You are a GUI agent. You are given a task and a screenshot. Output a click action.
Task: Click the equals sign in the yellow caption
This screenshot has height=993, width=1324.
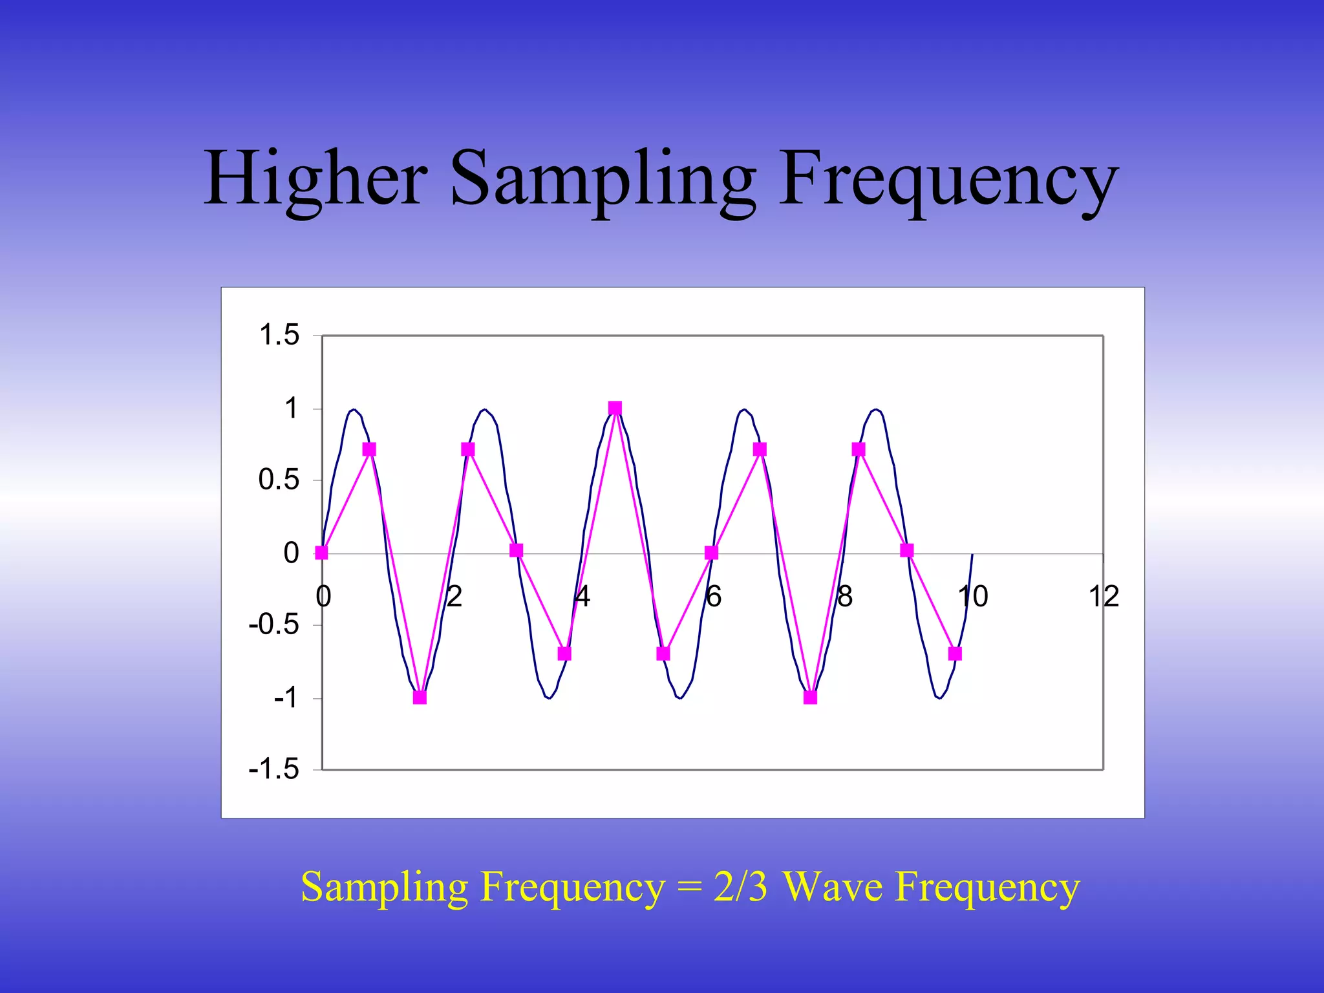coord(689,888)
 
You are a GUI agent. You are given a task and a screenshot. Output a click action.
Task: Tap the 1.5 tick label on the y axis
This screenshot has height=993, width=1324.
coord(279,335)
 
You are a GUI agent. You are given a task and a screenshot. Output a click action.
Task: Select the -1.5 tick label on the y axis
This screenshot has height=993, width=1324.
coord(274,769)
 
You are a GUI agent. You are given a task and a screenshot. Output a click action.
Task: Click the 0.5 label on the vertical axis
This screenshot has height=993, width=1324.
coord(279,480)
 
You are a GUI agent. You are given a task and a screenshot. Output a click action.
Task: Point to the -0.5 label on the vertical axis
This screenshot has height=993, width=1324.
coord(274,625)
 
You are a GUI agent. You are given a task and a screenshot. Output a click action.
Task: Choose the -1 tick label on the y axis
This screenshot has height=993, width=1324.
coord(285,698)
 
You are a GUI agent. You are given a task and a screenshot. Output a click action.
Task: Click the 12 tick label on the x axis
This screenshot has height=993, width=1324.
coord(1104,596)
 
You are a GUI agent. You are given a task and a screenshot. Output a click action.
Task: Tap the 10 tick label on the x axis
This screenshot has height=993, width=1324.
coord(973,596)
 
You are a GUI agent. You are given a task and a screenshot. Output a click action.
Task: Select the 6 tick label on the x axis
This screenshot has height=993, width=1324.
coord(713,596)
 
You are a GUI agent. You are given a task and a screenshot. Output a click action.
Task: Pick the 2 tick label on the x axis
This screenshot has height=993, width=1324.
coord(454,596)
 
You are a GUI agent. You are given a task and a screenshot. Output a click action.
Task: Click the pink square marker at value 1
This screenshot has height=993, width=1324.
coord(615,408)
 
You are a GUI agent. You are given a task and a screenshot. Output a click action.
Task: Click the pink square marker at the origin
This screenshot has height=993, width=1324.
coord(321,553)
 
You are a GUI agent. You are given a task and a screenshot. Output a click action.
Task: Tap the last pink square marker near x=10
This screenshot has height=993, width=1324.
coord(955,654)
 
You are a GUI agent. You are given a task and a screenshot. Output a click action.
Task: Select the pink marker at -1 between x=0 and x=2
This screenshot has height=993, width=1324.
coord(420,698)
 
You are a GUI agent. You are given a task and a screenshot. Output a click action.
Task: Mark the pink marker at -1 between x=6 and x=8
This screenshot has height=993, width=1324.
coord(810,698)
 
